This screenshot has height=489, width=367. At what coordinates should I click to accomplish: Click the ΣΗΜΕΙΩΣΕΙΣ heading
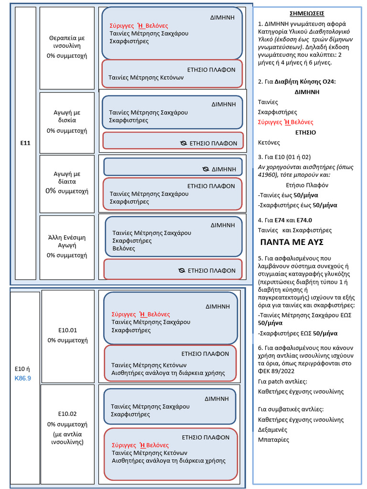307,13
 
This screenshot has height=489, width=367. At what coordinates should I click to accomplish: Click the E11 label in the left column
25,143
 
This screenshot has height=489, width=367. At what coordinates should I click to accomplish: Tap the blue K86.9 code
23,378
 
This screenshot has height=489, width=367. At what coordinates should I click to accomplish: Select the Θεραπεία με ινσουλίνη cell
67,48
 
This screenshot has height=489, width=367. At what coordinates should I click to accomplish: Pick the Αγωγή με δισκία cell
67,123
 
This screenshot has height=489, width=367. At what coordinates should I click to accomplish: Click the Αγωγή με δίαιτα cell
67,184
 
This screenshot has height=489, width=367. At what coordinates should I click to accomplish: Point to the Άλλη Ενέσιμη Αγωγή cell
67,247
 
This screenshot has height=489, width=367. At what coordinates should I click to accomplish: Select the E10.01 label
67,330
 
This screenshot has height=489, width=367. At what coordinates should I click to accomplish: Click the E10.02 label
67,414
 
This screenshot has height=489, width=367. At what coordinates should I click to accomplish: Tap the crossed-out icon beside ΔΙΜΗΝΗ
205,169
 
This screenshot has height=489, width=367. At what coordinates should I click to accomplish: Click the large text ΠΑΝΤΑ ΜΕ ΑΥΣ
292,242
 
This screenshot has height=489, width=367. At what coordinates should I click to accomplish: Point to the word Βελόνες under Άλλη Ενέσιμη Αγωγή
124,248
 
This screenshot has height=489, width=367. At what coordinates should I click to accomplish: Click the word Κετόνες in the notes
269,142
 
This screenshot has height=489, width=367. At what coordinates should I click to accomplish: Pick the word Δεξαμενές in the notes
272,430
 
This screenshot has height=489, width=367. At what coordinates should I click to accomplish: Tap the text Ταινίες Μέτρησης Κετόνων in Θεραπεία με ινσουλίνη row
146,77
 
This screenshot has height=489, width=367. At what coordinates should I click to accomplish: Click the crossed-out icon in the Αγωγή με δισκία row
183,143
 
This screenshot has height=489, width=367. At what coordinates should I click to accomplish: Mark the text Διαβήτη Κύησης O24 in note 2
305,82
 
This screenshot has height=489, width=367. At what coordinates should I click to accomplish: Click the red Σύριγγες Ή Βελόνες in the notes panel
286,122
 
